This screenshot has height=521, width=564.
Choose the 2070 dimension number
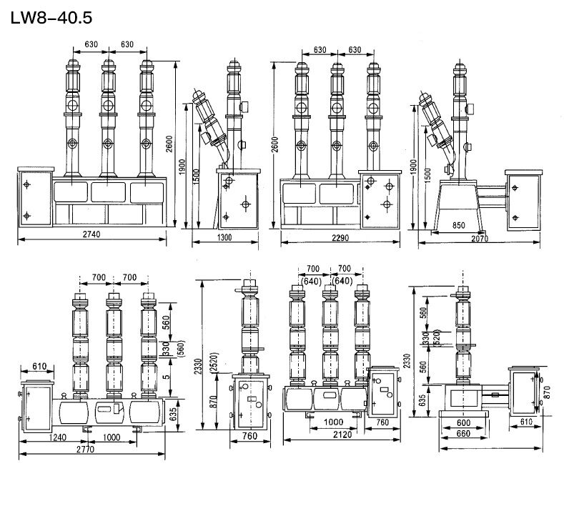[479, 239]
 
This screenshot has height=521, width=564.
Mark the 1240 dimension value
[59, 437]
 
